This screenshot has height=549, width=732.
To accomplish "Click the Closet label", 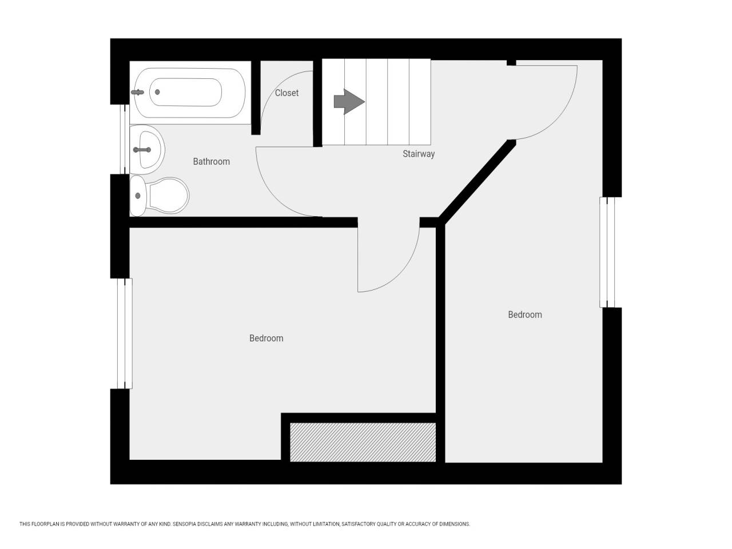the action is tap(287, 93).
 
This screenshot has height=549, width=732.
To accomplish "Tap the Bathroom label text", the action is tap(212, 162).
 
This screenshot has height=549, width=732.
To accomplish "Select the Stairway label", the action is tap(419, 154).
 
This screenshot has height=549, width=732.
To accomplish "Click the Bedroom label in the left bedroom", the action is tap(266, 339).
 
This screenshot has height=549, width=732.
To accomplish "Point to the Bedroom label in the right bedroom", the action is tap(525, 315).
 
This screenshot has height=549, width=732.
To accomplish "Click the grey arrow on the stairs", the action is tap(349, 102).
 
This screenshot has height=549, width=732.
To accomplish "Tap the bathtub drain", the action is tap(157, 92).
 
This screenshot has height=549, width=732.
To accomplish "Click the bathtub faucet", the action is tap(137, 92).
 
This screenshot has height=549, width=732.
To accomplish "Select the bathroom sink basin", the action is tap(147, 150).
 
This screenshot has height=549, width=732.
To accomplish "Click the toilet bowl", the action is tap(168, 196).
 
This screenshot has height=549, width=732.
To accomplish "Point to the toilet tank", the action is tap(138, 196).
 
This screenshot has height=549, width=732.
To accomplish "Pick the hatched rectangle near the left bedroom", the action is tap(363, 442).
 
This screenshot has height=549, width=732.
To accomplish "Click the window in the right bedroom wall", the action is tap(607, 252).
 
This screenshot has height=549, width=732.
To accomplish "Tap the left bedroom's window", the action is tap(125, 333).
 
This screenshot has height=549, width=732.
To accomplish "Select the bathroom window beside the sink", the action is tap(125, 140).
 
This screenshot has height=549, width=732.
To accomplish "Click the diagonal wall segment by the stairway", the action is tap(478, 182).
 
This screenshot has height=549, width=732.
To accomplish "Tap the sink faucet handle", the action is tap(142, 150).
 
